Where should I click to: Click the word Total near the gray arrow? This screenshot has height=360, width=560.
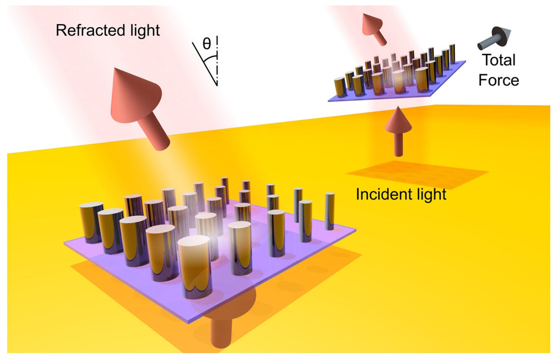pyautogui.click(x=498, y=60)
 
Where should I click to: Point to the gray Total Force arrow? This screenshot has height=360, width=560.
pyautogui.click(x=493, y=39)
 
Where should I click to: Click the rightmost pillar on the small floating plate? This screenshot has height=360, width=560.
pyautogui.click(x=452, y=54)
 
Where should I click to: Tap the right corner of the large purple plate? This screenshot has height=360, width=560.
pyautogui.click(x=355, y=230)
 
